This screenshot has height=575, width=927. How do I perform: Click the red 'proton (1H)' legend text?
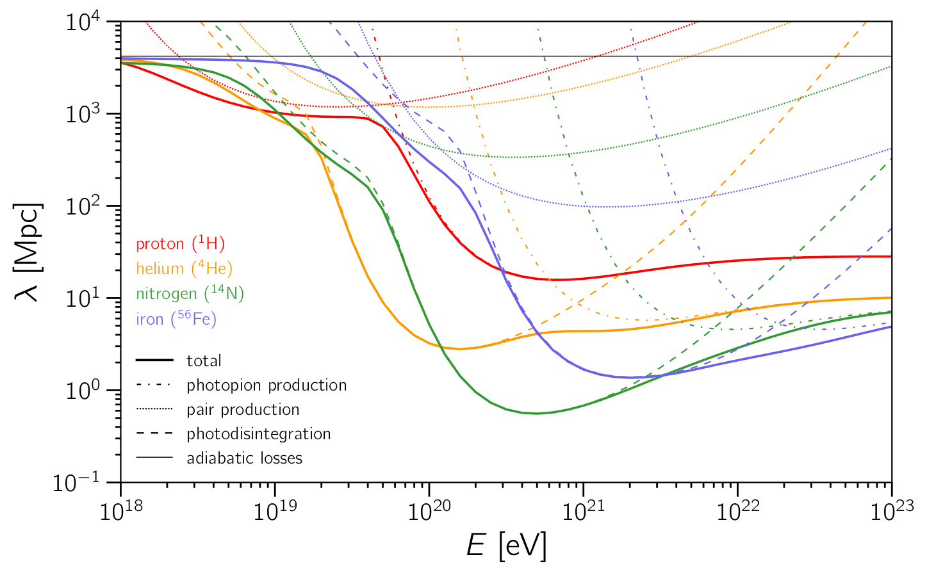[x=180, y=244]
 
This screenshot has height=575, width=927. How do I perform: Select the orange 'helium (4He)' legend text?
[x=184, y=268]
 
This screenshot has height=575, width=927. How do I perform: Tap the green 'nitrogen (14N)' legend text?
[x=190, y=293]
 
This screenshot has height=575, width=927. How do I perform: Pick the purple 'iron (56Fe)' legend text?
[x=176, y=318]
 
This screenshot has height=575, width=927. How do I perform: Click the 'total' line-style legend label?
[x=204, y=361]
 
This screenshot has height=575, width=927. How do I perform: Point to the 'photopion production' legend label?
[x=267, y=385]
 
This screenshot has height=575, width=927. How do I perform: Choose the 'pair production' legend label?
[x=243, y=410]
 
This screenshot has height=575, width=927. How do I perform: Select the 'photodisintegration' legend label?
[x=259, y=434]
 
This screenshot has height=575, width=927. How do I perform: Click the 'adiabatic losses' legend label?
[x=244, y=458]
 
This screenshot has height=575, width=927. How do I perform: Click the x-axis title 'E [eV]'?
[x=506, y=546]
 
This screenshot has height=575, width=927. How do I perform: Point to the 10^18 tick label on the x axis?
[x=120, y=510]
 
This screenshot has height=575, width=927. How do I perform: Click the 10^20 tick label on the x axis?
[x=429, y=510]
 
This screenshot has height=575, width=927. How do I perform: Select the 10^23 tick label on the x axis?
[x=891, y=510]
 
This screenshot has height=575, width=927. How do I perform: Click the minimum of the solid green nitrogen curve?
[x=537, y=413]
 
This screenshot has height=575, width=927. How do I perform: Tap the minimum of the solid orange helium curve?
[x=460, y=349]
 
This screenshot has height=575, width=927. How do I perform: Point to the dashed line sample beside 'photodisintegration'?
[x=154, y=434]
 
